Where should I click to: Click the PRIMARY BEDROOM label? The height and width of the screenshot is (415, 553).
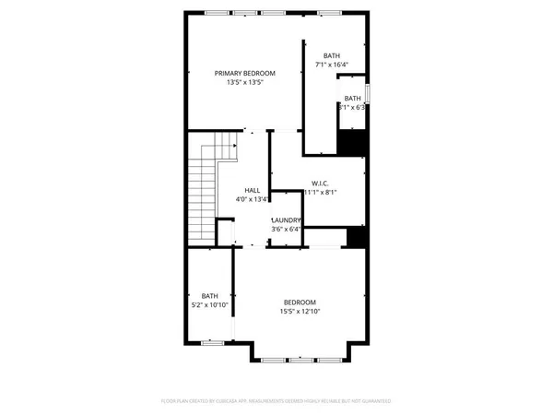point(245,73)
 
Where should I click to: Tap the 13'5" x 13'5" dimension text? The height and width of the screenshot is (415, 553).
point(245,83)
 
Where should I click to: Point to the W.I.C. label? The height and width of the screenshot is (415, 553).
point(321,182)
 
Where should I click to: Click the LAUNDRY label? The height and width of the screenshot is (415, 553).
point(286,219)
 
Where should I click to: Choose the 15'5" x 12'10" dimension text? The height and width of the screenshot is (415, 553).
point(300,312)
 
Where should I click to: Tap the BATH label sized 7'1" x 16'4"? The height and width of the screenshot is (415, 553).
point(331,55)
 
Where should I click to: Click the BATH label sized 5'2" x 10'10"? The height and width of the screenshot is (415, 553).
point(210,295)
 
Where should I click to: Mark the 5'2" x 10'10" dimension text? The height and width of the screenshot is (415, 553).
point(210,304)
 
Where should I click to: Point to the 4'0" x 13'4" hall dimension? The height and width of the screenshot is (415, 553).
point(252,198)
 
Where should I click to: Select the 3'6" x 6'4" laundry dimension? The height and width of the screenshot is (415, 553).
point(286,229)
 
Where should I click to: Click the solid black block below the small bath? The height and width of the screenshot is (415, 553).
point(352,143)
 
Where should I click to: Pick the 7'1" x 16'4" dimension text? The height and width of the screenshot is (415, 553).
point(331,65)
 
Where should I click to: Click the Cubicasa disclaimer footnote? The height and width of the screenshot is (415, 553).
point(276,401)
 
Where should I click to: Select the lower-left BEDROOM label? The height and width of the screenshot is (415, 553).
point(300,302)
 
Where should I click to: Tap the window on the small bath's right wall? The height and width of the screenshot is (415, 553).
point(368,94)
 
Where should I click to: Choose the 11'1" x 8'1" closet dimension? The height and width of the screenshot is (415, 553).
point(321,192)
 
